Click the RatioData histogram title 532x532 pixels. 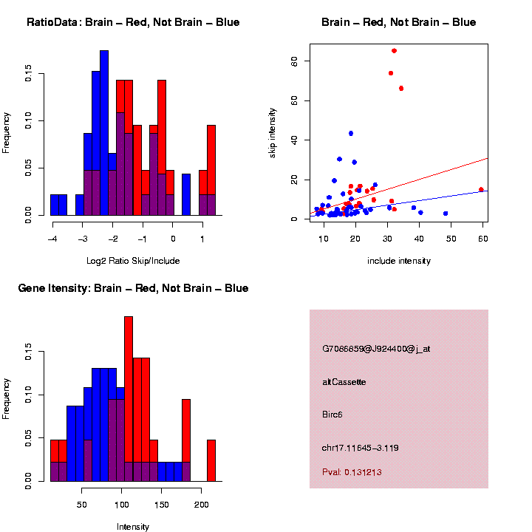pyautogui.click(x=133, y=22)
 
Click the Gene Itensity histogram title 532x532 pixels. pyautogui.click(x=133, y=288)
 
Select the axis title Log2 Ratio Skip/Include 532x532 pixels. pyautogui.click(x=133, y=260)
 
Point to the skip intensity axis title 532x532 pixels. pyautogui.click(x=272, y=130)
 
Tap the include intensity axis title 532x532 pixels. pyautogui.click(x=398, y=260)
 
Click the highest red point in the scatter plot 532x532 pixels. pyautogui.click(x=394, y=51)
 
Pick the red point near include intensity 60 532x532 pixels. pyautogui.click(x=481, y=190)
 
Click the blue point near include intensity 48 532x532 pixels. pyautogui.click(x=446, y=214)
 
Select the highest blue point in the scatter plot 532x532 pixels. pyautogui.click(x=351, y=134)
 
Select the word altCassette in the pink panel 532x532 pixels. pyautogui.click(x=344, y=382)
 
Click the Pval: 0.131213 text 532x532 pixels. pyautogui.click(x=352, y=472)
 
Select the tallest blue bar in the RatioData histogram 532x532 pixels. pyautogui.click(x=104, y=133)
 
